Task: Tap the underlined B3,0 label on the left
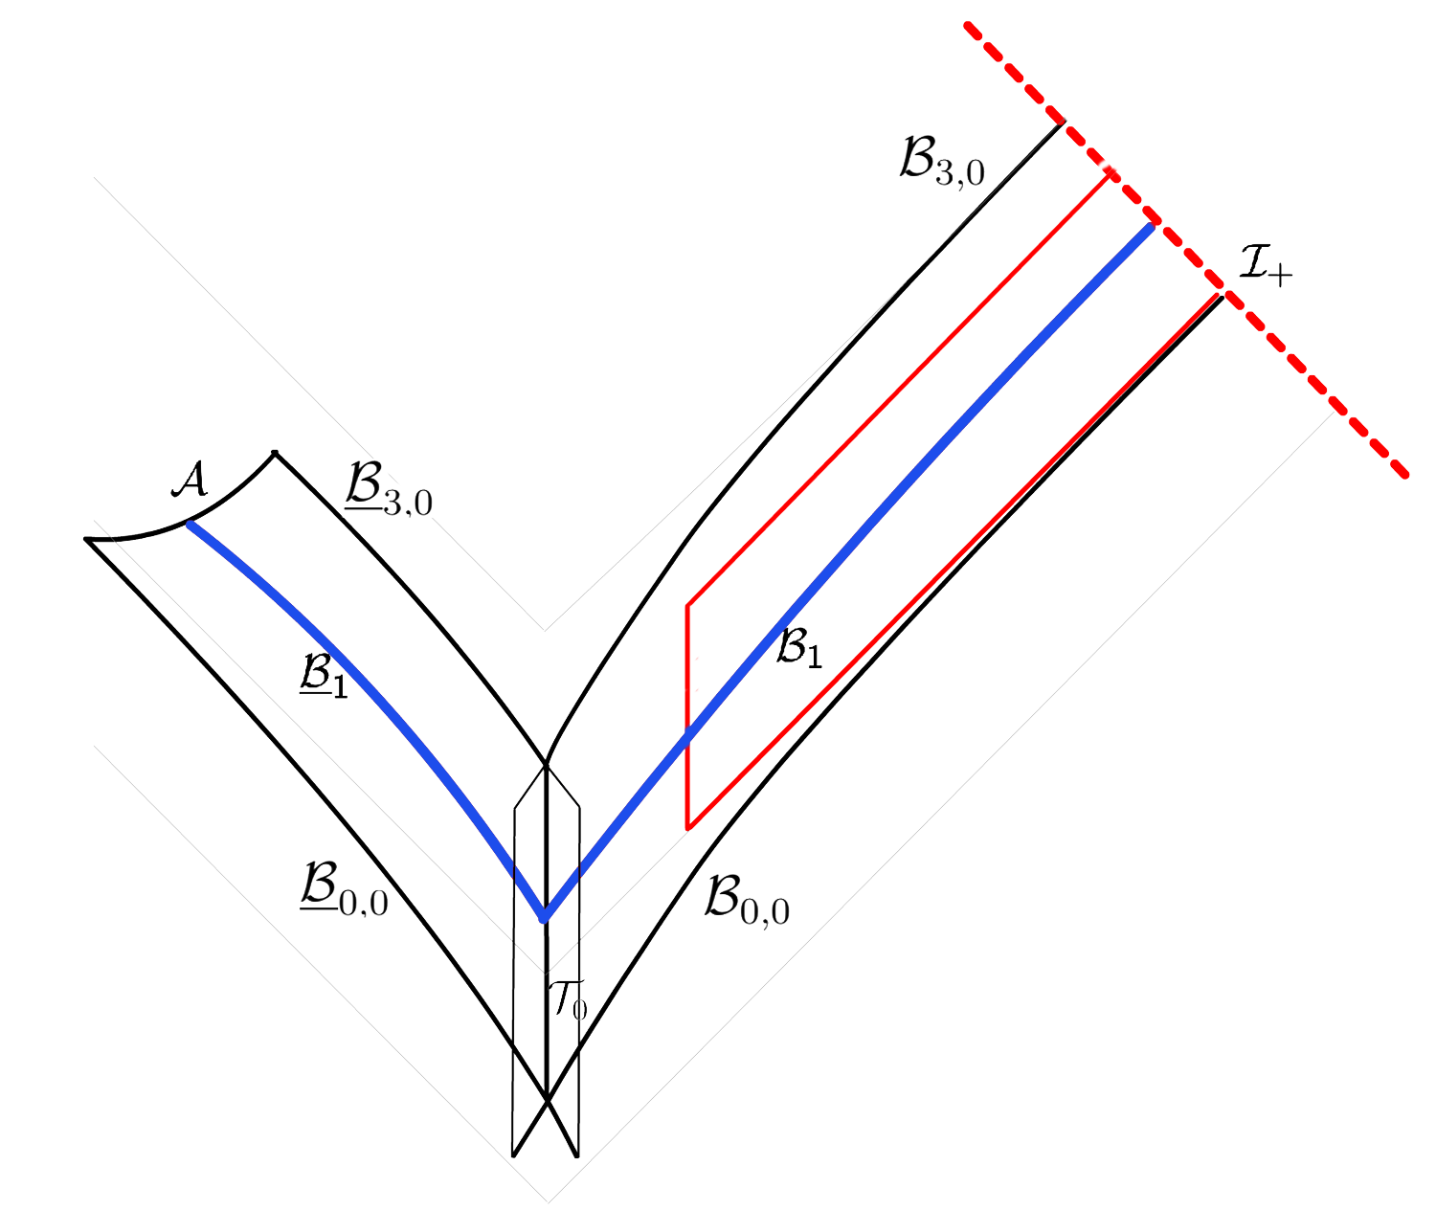pos(388,490)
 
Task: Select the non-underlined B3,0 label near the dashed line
pos(942,158)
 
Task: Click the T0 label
pos(567,997)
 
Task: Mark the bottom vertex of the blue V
pos(545,917)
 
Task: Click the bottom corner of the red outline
pos(688,828)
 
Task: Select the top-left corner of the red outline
pos(688,605)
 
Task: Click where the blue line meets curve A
pos(190,523)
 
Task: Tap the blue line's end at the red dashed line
pos(1150,227)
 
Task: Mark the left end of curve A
pos(87,540)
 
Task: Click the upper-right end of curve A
pos(275,452)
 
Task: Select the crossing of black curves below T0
pos(546,1099)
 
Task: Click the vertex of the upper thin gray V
pos(545,630)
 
